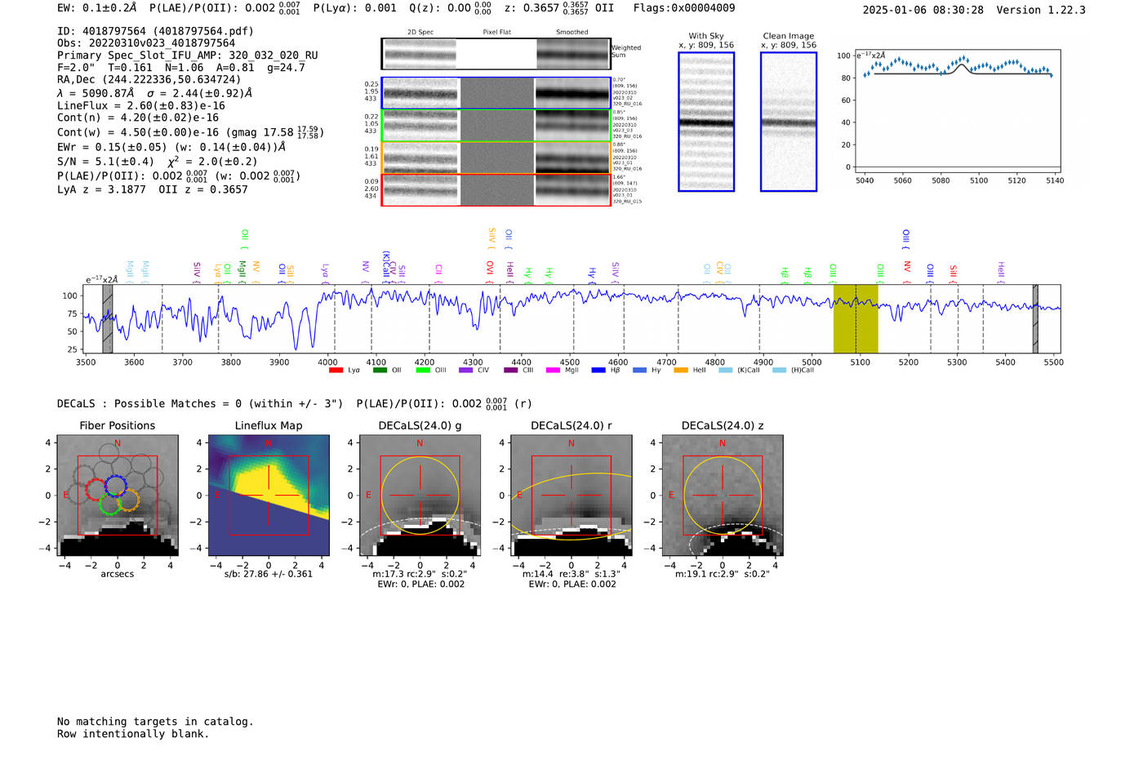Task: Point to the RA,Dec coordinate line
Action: point(149,79)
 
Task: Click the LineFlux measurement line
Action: point(140,105)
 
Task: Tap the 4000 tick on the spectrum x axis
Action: point(327,362)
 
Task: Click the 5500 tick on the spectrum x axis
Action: point(1053,362)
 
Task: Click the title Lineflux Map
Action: point(269,425)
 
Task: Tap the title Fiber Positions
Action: point(117,425)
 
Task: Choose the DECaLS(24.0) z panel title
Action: point(723,425)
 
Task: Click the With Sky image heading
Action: point(706,36)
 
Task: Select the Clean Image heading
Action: point(788,36)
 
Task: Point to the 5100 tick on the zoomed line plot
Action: point(978,180)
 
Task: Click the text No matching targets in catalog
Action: point(155,721)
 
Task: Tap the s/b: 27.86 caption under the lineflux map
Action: point(269,574)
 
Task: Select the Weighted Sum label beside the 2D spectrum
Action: point(626,51)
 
